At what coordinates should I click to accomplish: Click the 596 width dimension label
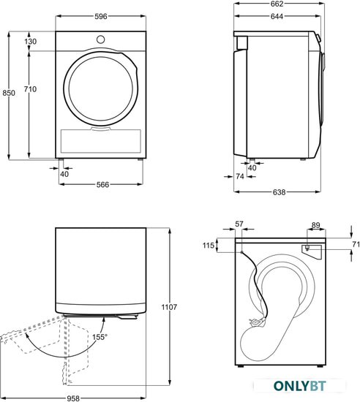[100, 16]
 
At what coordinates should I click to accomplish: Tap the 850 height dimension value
[9, 93]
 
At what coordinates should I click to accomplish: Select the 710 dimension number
[30, 89]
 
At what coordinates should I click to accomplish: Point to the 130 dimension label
[31, 41]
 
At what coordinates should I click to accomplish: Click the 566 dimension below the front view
[102, 185]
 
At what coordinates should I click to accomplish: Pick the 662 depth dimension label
[277, 4]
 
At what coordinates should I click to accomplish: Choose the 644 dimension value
[277, 16]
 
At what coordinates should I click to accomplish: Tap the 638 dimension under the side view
[279, 192]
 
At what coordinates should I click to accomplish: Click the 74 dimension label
[240, 176]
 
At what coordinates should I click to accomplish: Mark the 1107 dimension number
[169, 307]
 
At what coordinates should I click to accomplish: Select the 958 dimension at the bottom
[73, 398]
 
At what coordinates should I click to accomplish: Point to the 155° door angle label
[100, 337]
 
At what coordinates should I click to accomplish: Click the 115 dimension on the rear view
[209, 246]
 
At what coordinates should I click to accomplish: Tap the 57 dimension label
[239, 224]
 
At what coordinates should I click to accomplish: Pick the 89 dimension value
[315, 225]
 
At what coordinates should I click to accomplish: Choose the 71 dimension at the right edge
[356, 244]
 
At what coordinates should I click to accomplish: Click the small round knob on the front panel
[100, 39]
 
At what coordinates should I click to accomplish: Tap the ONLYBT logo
[300, 386]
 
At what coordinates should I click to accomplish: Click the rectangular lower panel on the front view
[100, 141]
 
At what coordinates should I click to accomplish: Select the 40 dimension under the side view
[252, 167]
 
